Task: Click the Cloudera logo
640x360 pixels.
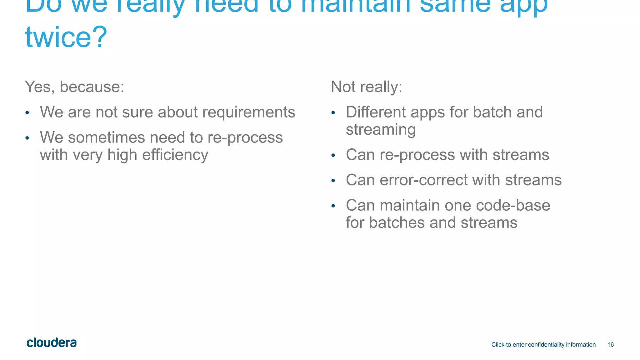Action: click(x=52, y=343)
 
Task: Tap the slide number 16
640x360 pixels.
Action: click(x=610, y=345)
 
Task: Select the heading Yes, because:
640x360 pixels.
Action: click(x=74, y=87)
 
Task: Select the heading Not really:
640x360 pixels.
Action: click(x=366, y=87)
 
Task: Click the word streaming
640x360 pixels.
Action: click(x=381, y=129)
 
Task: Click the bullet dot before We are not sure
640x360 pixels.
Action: click(x=27, y=113)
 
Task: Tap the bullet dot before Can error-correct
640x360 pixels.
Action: click(x=333, y=181)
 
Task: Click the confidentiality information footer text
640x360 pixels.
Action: click(x=543, y=345)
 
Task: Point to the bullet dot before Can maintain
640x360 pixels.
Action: click(x=333, y=206)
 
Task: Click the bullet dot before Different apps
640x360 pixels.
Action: click(x=333, y=113)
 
